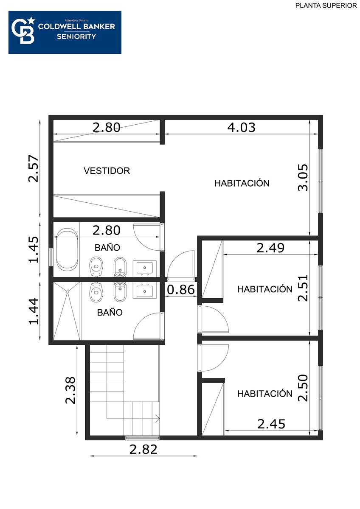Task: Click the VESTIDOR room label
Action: tap(107, 171)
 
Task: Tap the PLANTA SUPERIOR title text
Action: tap(326, 6)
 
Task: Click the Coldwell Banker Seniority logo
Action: tap(65, 33)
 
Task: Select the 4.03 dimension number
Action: tap(241, 128)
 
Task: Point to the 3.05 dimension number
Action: tap(303, 177)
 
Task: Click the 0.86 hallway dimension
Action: tap(181, 289)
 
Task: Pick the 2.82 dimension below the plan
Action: tap(143, 449)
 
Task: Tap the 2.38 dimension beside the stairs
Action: tap(70, 390)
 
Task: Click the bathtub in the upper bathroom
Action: tap(67, 249)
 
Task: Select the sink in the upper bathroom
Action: tap(145, 268)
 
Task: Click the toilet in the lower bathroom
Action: tap(96, 292)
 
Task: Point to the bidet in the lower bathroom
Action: tap(120, 292)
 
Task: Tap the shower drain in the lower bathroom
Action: tap(67, 291)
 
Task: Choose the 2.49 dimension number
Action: tap(270, 248)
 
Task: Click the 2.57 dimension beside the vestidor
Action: tap(33, 168)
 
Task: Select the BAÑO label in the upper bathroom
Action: tap(107, 247)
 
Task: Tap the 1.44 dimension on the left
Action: tap(34, 311)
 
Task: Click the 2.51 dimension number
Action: tap(303, 288)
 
